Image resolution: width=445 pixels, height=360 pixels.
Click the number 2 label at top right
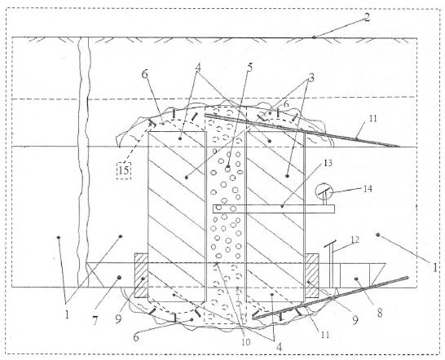[367, 17]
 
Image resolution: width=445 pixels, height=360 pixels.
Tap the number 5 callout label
[249, 68]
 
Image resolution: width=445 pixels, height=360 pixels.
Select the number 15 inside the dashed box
[124, 170]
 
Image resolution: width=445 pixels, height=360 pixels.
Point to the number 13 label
[328, 164]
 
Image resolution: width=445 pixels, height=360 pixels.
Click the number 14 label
[368, 189]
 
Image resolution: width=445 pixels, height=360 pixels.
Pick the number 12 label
[355, 240]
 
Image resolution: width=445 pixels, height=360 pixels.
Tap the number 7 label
[95, 321]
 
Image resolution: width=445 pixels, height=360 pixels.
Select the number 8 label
[380, 313]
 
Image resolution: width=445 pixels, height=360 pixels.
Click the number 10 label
[246, 342]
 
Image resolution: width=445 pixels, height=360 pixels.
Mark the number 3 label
[311, 77]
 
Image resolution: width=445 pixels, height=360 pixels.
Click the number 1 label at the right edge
[434, 267]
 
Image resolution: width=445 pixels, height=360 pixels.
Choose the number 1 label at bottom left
[67, 314]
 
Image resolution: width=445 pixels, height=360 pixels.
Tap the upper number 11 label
[373, 118]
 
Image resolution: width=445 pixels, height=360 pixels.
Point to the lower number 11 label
[325, 335]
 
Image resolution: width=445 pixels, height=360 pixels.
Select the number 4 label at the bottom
[279, 347]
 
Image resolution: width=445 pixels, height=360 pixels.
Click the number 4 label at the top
[198, 68]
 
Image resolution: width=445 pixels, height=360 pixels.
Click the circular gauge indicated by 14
[324, 191]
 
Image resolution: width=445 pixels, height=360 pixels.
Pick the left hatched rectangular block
[141, 275]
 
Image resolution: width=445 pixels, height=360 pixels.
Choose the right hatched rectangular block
[312, 275]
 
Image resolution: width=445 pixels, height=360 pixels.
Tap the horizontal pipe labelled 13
[274, 209]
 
